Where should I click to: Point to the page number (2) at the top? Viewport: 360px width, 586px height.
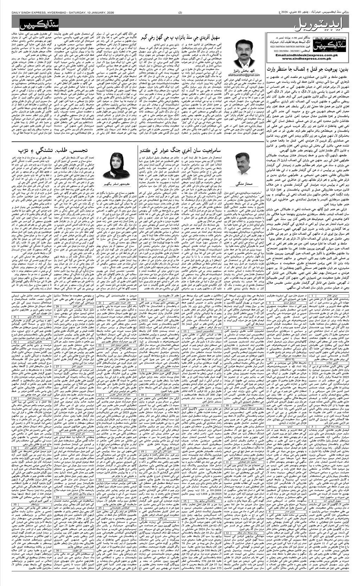pyautogui.click(x=180, y=13)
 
